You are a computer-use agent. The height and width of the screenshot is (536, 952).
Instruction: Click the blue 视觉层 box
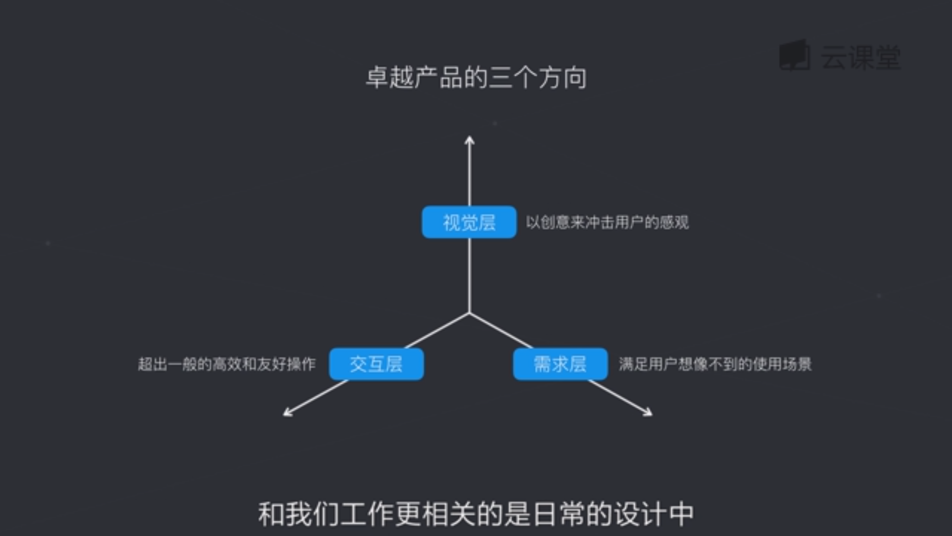pos(469,222)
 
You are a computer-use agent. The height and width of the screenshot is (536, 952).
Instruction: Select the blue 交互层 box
pos(376,364)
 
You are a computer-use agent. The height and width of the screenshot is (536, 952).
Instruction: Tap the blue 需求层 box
pos(560,364)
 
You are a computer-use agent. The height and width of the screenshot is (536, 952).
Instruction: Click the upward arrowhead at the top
pos(470,140)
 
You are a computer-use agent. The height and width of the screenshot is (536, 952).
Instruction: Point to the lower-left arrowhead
pos(287,413)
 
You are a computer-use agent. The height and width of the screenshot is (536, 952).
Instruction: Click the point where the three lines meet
pos(470,313)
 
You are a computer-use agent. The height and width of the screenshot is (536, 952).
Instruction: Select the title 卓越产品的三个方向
pos(476,78)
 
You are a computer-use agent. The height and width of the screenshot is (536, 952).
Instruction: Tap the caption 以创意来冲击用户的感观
pos(607,223)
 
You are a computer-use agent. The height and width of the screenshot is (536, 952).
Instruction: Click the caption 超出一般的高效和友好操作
pos(227,364)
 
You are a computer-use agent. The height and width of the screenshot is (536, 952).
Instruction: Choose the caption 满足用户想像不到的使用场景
pos(715,364)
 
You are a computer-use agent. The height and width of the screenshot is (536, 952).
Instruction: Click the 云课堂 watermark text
pos(861,57)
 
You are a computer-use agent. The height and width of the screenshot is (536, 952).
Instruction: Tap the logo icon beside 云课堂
pos(794,55)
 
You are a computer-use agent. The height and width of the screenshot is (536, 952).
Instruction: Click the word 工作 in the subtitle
pos(366,514)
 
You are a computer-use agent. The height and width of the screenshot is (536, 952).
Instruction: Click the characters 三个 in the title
pos(513,78)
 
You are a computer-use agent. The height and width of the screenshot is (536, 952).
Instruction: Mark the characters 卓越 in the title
pos(390,78)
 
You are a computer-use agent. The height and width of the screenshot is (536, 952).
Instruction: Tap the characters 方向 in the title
pos(563,78)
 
